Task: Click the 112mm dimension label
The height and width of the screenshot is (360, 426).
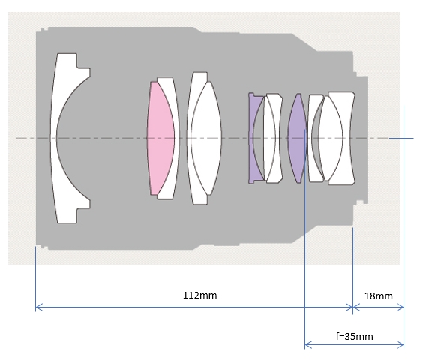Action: (199, 295)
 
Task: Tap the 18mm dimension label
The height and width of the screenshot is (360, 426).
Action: (378, 296)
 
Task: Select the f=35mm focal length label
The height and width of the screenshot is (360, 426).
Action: (354, 336)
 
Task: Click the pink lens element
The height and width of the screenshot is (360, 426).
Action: (160, 138)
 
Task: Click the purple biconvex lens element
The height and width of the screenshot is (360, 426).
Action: (298, 138)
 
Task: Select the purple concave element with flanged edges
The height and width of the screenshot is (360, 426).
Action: (253, 138)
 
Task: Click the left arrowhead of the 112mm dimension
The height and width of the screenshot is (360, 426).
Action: (39, 307)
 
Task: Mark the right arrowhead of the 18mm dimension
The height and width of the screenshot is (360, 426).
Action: (400, 307)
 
